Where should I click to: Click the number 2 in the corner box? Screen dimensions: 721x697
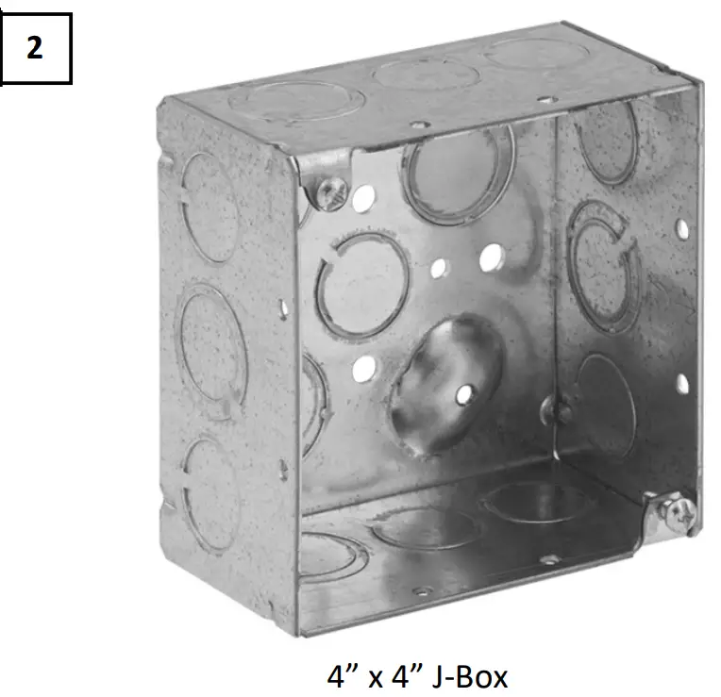click(x=35, y=48)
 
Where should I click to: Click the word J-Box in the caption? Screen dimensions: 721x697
click(x=470, y=677)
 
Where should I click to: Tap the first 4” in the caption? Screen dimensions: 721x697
click(x=344, y=676)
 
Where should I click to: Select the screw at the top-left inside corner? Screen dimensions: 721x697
click(x=332, y=194)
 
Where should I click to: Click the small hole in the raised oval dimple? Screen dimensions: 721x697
click(x=464, y=394)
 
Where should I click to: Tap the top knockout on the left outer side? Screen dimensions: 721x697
click(x=210, y=207)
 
